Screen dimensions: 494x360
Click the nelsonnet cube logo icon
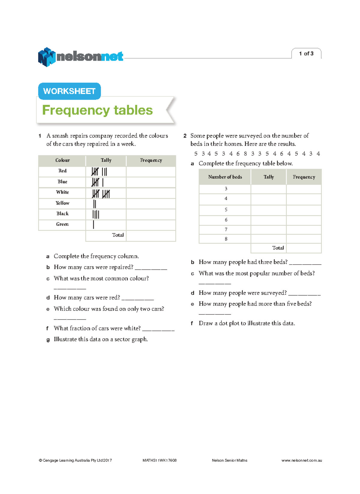click(46, 57)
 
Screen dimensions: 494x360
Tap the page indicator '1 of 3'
click(306, 53)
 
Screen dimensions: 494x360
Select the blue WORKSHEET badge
click(69, 91)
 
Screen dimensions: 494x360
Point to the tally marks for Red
click(99, 171)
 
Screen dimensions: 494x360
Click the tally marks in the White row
click(101, 194)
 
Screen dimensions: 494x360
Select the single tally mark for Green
click(94, 224)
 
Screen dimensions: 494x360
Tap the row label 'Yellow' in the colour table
click(62, 203)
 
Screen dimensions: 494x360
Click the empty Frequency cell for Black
click(151, 214)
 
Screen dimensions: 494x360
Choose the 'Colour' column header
click(62, 160)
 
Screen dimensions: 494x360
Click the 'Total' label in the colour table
click(118, 235)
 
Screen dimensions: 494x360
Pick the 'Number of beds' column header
click(225, 177)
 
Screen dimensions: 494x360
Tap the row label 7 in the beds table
click(226, 229)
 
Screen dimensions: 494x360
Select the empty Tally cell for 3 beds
click(268, 189)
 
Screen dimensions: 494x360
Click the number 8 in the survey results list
click(245, 154)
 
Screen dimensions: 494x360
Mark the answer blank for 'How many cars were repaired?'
click(151, 268)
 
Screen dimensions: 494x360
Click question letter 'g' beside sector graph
click(48, 340)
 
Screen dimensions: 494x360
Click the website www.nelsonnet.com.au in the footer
click(301, 460)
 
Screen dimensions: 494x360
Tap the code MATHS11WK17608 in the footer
click(160, 460)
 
